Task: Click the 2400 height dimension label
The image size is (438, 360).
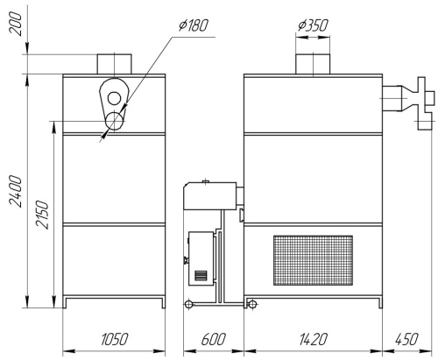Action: [x=16, y=191]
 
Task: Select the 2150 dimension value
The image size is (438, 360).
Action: [x=42, y=215]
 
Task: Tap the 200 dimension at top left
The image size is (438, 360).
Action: [x=16, y=24]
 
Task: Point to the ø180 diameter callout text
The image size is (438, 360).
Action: [x=194, y=25]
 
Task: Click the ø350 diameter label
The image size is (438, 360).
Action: [x=313, y=25]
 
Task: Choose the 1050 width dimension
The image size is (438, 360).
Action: [x=114, y=339]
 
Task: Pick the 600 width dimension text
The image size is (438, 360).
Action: [x=214, y=339]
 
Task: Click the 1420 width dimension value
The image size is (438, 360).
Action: [x=313, y=339]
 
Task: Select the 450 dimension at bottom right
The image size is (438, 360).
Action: [x=406, y=339]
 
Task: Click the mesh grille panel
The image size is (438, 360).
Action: [x=313, y=260]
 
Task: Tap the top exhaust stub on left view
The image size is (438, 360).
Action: [x=114, y=64]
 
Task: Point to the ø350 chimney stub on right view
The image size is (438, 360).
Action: [x=313, y=64]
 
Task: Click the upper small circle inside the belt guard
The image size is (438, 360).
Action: [x=114, y=98]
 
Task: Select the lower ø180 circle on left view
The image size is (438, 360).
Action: [x=115, y=121]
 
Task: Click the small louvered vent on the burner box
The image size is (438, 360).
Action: [x=201, y=275]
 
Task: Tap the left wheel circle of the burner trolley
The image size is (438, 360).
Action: [x=188, y=305]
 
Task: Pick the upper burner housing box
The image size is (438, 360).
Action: [x=210, y=195]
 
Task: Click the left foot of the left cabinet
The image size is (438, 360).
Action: [x=65, y=302]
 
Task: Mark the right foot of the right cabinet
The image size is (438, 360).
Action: [x=380, y=302]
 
